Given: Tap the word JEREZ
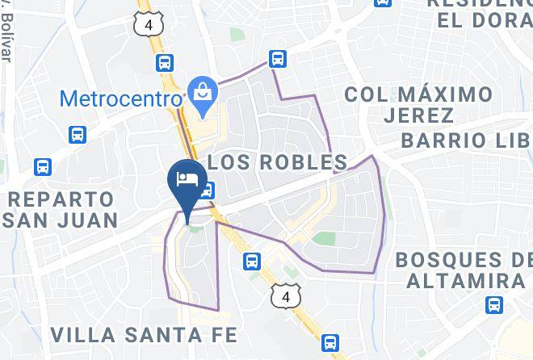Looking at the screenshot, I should click(413, 115).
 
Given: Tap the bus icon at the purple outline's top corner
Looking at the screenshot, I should click(278, 58).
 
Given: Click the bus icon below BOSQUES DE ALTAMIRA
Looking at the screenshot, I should click(494, 305).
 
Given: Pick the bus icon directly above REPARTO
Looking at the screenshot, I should click(43, 168).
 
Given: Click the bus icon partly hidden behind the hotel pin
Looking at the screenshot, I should click(208, 190).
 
